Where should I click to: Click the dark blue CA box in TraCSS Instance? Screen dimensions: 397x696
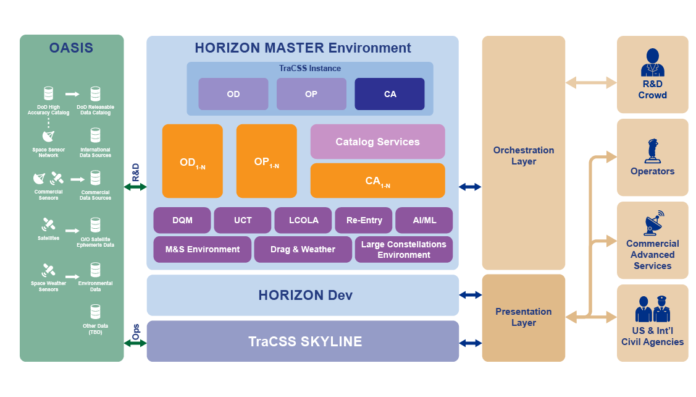[x=389, y=94]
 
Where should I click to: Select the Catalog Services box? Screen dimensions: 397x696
[x=377, y=142]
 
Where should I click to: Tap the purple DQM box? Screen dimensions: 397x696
[x=182, y=220]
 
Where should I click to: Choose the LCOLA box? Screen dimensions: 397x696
[x=304, y=220]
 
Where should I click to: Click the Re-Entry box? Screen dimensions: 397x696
[x=364, y=220]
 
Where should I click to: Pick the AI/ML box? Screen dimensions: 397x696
[x=424, y=220]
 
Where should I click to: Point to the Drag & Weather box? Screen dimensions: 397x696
[x=303, y=249]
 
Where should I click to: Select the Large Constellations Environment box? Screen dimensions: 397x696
[x=403, y=249]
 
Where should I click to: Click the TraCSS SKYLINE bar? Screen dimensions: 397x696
[x=303, y=341]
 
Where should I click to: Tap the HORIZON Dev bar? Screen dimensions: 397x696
[x=303, y=296]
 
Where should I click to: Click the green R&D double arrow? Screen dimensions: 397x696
[x=135, y=187]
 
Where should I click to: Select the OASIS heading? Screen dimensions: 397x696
[x=72, y=48]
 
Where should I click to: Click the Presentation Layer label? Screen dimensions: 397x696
[x=523, y=317]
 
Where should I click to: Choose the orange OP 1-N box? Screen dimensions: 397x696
[x=266, y=161]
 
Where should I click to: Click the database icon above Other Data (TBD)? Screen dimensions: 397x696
[x=95, y=312]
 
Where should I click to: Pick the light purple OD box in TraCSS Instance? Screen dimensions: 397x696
[x=233, y=94]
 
